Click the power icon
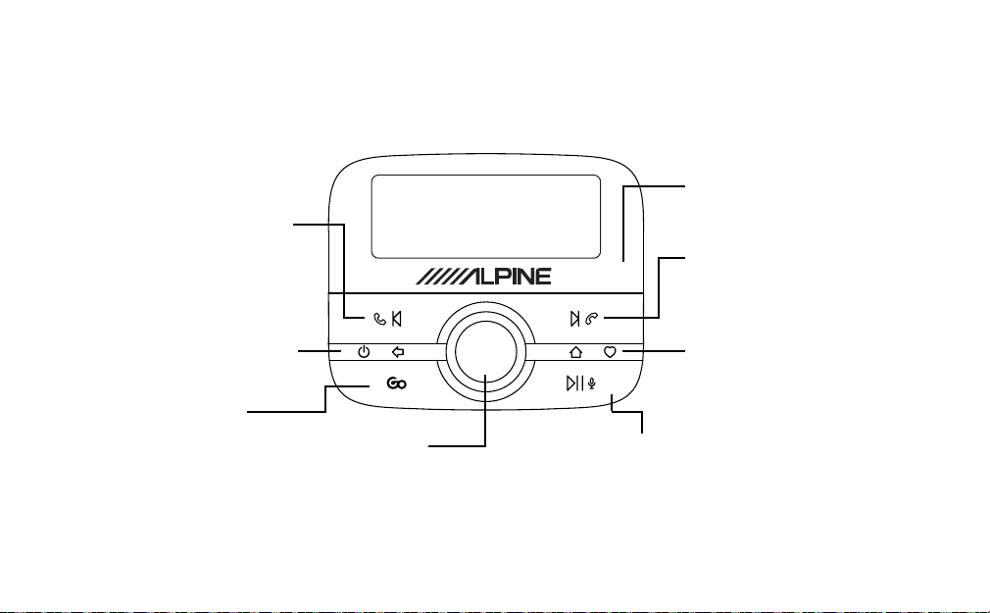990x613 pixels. (x=364, y=352)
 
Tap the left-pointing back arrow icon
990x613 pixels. (x=398, y=352)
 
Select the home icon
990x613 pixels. (x=575, y=352)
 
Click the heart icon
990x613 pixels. (x=610, y=352)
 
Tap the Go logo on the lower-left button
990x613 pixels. (x=397, y=383)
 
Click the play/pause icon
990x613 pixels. (x=574, y=383)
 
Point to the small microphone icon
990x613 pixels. (x=592, y=383)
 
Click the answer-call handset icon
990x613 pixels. (x=380, y=319)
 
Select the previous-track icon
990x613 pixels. (x=397, y=319)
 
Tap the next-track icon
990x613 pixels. (x=574, y=319)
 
